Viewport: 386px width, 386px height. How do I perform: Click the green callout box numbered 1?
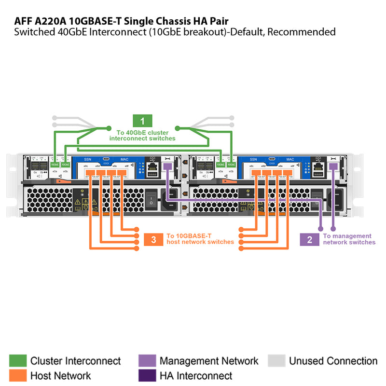pyautogui.click(x=142, y=121)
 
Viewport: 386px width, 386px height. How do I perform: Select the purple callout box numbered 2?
pyautogui.click(x=309, y=239)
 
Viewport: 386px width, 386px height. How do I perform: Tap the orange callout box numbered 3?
pyautogui.click(x=153, y=239)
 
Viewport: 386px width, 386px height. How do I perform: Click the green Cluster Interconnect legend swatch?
pyautogui.click(x=17, y=361)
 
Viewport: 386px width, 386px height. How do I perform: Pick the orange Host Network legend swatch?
pyautogui.click(x=17, y=375)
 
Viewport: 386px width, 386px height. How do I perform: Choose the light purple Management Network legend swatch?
pyautogui.click(x=147, y=361)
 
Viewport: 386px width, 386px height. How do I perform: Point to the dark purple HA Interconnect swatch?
pyautogui.click(x=147, y=375)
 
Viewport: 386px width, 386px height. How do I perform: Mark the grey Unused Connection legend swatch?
pyautogui.click(x=276, y=361)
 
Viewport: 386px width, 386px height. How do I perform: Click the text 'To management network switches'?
pyautogui.click(x=349, y=239)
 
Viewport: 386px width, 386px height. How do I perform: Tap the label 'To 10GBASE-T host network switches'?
pyautogui.click(x=200, y=239)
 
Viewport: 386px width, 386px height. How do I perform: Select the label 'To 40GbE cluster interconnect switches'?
pyautogui.click(x=142, y=135)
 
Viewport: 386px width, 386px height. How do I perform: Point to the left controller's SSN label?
pyautogui.click(x=87, y=159)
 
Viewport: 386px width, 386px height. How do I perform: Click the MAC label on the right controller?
pyautogui.click(x=290, y=159)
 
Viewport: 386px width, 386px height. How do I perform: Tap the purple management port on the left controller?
pyautogui.click(x=167, y=166)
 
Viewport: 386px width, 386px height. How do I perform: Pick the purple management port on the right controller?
pyautogui.click(x=332, y=166)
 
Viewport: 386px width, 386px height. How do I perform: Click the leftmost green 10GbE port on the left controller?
pyautogui.click(x=55, y=165)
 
